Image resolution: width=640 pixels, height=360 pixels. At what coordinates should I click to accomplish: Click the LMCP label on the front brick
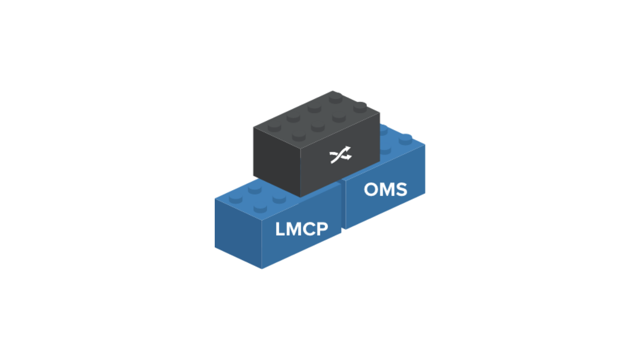302,229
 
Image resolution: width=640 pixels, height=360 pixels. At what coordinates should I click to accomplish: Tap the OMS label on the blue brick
385,190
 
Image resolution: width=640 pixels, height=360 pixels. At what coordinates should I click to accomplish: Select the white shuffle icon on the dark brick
340,155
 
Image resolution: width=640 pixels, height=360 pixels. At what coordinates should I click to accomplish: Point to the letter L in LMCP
280,229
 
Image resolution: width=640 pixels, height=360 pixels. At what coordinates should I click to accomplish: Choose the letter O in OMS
371,190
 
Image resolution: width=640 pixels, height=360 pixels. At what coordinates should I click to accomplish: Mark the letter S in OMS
400,190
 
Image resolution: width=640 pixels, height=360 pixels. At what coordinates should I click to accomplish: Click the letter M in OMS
386,190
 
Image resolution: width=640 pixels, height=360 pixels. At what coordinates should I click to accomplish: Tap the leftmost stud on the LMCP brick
236,198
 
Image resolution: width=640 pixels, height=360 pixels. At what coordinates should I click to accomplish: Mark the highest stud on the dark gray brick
335,96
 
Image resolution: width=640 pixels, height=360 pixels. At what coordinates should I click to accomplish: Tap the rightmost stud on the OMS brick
406,138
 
